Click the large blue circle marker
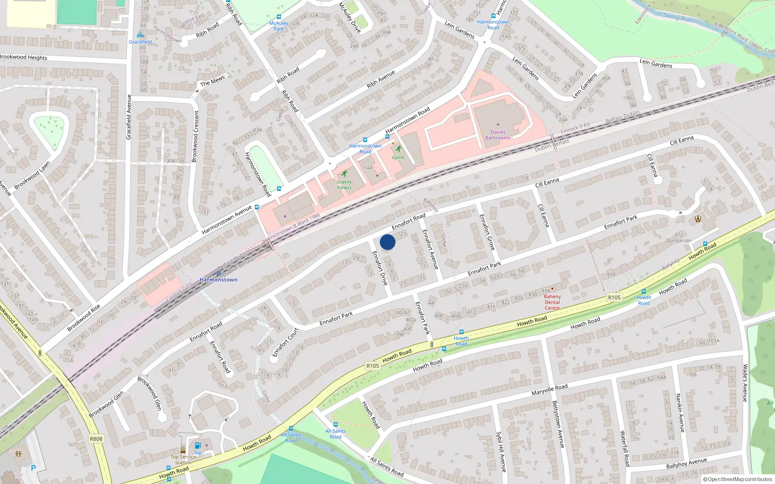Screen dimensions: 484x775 click(387, 242)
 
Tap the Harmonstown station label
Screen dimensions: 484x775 click(218, 280)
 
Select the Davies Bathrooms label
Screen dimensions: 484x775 click(498, 135)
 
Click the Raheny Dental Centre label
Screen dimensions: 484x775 click(552, 302)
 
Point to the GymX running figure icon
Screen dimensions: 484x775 click(398, 149)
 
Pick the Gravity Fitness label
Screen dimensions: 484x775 click(344, 185)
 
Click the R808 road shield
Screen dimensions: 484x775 click(96, 439)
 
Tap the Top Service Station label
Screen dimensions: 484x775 click(183, 459)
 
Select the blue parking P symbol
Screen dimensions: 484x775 click(33, 468)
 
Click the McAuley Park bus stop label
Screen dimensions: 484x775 click(279, 26)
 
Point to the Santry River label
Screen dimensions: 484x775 click(678, 18)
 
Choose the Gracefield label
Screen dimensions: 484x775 click(140, 42)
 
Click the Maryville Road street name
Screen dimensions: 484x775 click(549, 390)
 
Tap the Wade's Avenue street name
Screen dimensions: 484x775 click(745, 383)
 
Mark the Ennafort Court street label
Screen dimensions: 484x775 click(285, 342)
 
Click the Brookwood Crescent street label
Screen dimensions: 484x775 click(196, 136)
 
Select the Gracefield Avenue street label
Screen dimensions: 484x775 click(129, 117)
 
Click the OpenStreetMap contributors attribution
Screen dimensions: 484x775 click(737, 479)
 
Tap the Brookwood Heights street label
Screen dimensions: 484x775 click(24, 57)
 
